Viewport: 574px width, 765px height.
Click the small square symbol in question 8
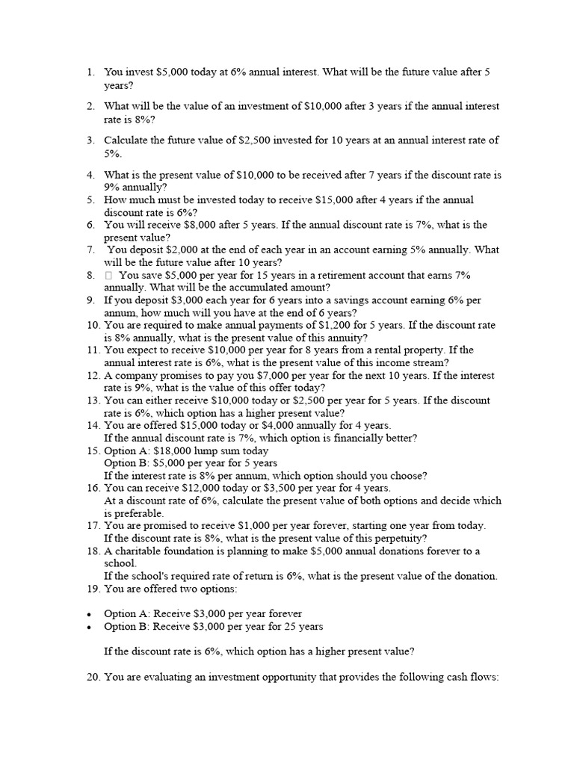coord(108,275)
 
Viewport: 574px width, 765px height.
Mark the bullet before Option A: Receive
coord(89,614)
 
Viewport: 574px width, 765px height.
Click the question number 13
coord(93,400)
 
